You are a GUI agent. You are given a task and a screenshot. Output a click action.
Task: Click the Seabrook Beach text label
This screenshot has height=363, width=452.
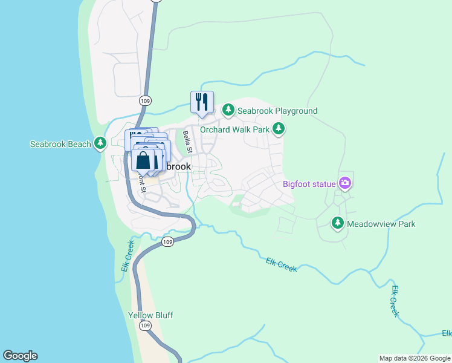click(x=60, y=144)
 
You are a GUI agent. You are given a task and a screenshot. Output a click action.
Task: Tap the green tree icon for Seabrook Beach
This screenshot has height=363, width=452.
click(x=100, y=144)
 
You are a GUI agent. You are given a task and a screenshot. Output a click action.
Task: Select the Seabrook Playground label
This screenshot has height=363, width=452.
click(x=277, y=111)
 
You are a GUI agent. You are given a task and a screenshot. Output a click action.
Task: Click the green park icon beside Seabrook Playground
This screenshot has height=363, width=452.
click(x=228, y=110)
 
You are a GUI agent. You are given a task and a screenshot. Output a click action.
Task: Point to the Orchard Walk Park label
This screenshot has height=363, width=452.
click(x=234, y=129)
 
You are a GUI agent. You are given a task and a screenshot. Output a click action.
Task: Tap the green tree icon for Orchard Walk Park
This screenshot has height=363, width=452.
click(x=278, y=128)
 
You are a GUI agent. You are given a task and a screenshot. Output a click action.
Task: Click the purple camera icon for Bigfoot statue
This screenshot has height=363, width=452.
click(x=344, y=182)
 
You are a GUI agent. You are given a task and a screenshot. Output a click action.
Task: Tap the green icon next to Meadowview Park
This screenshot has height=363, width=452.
click(x=337, y=223)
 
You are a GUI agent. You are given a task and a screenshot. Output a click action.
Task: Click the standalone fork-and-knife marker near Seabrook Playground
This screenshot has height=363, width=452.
click(x=202, y=102)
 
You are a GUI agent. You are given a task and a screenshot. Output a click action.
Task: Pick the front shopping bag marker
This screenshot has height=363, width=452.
click(x=143, y=161)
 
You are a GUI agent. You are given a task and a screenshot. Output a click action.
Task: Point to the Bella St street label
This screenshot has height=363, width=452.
click(x=188, y=142)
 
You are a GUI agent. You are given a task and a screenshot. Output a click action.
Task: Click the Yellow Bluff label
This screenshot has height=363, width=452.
click(x=150, y=315)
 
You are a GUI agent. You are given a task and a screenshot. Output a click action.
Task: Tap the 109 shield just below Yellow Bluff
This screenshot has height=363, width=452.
click(x=144, y=326)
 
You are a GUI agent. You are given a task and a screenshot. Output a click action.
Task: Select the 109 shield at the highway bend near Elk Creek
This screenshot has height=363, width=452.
click(x=168, y=242)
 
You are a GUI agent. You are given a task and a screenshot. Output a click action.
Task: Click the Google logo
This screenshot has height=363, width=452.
click(x=20, y=356)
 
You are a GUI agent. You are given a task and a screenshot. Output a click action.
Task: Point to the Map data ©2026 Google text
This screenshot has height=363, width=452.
click(x=414, y=358)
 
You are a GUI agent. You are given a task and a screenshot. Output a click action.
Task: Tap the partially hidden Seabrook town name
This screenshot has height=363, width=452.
click(x=178, y=166)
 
